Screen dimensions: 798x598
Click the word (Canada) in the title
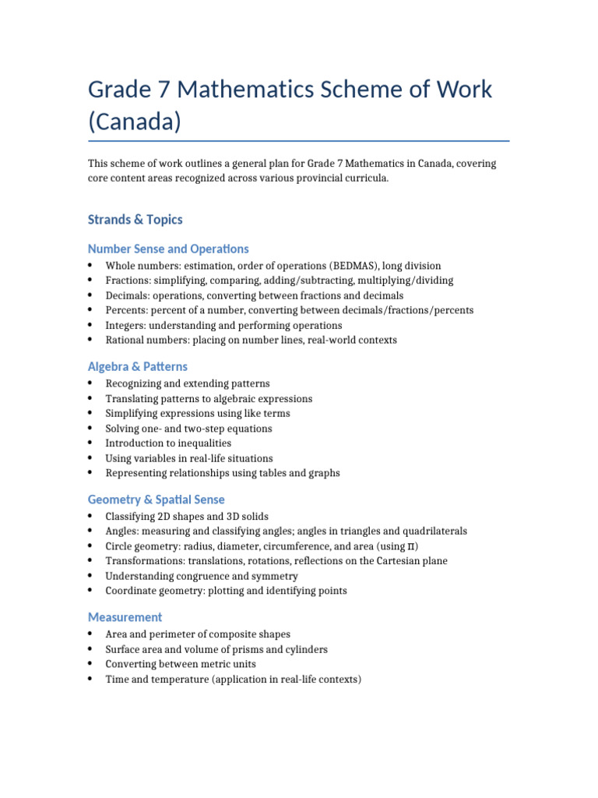tap(134, 122)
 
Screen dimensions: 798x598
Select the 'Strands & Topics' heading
tap(135, 220)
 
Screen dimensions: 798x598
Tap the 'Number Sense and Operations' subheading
tap(168, 249)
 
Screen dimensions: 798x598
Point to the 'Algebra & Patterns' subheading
tap(138, 366)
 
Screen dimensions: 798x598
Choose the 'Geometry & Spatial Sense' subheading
tap(157, 500)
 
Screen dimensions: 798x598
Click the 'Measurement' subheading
tap(125, 617)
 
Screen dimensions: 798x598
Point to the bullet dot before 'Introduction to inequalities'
tap(92, 443)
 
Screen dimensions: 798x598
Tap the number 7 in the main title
tap(164, 89)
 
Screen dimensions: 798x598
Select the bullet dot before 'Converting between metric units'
tap(92, 664)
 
